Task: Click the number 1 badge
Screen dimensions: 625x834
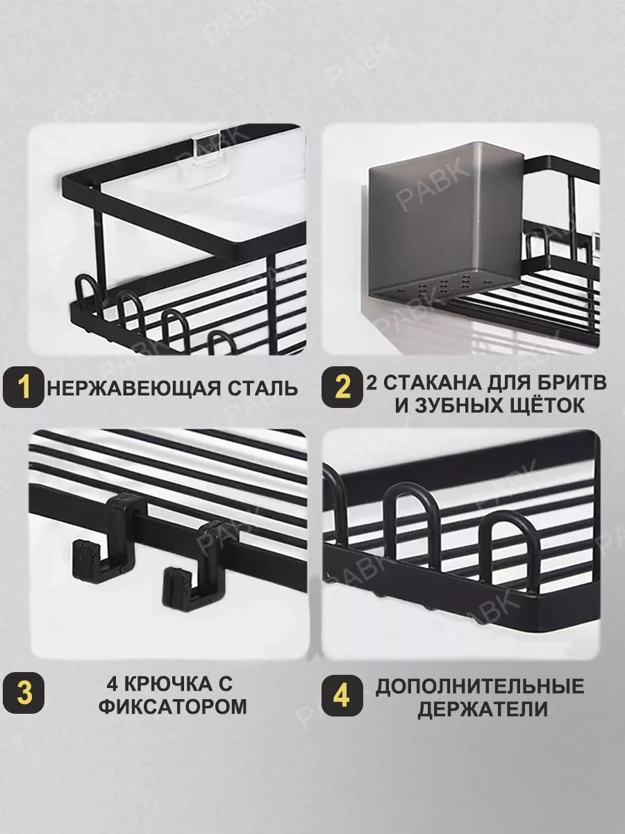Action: (x=23, y=387)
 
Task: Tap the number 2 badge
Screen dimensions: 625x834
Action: (x=341, y=387)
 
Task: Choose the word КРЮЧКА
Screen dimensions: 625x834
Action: (x=170, y=685)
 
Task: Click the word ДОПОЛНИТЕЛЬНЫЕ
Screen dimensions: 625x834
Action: (x=480, y=687)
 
